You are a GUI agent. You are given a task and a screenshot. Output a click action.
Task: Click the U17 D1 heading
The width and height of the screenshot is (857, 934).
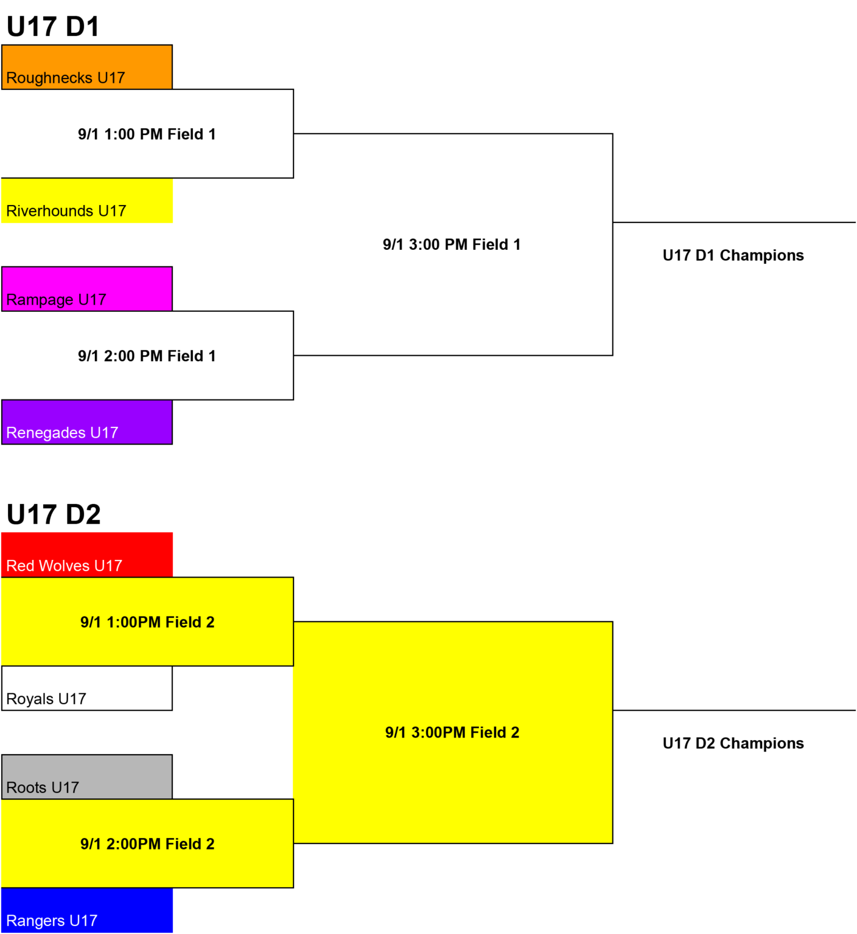pos(53,27)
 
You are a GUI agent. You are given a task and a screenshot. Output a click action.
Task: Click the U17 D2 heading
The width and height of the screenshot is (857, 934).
pos(54,514)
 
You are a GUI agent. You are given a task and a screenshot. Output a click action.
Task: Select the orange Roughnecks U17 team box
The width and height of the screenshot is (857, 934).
pos(87,67)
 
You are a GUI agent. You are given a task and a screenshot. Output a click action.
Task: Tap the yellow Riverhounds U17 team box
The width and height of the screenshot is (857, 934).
pos(87,201)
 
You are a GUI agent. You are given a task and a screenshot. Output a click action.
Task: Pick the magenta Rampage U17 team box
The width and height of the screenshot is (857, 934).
pos(87,289)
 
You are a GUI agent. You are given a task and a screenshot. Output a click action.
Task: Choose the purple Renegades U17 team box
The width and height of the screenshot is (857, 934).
pos(87,422)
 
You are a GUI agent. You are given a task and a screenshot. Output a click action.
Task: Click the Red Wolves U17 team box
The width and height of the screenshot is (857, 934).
pos(87,555)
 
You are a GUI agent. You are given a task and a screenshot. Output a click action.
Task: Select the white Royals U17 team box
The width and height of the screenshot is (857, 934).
pos(87,688)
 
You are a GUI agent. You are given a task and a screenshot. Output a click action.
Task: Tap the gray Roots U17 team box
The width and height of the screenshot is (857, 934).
pos(87,777)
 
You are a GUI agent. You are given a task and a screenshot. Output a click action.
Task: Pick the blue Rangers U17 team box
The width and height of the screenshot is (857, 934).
pos(87,910)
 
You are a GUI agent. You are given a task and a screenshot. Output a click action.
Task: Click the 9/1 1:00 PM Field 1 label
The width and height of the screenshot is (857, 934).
pos(147,134)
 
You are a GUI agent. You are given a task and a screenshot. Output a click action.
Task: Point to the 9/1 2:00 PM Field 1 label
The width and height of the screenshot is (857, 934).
pos(147,356)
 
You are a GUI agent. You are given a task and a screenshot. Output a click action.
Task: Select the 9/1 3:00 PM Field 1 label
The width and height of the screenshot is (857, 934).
pos(452,245)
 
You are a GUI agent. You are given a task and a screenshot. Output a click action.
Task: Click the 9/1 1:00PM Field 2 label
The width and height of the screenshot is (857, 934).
pos(147,623)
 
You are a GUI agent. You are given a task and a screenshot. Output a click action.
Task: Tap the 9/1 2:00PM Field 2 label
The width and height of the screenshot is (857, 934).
pos(147,844)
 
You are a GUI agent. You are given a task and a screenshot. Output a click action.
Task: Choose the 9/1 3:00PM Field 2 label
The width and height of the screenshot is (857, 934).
pos(452,733)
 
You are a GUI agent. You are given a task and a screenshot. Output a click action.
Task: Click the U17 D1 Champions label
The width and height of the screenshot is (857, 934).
pos(733,256)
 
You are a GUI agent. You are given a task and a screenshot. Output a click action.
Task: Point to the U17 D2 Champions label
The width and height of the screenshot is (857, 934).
pos(733,744)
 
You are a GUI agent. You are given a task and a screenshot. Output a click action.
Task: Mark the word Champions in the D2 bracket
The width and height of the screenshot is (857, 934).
pos(762,744)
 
